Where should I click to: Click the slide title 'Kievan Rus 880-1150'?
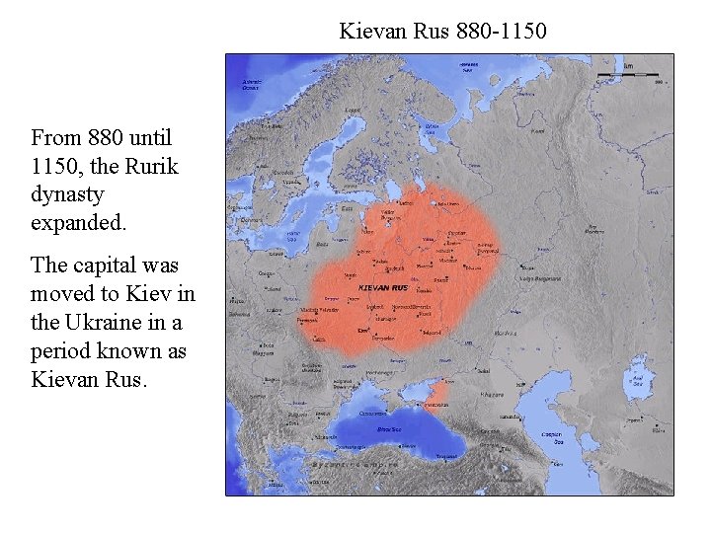tap(442, 31)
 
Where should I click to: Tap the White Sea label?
tap(432, 128)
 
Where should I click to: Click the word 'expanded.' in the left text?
tap(79, 223)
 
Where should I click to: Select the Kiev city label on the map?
tap(363, 329)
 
